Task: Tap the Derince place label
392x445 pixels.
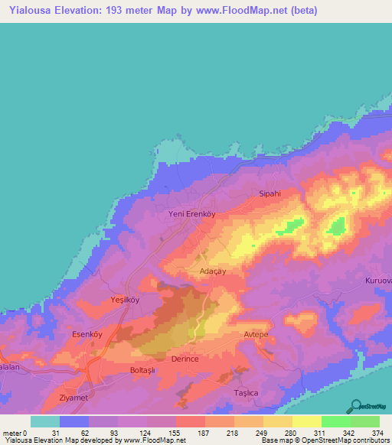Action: coord(185,359)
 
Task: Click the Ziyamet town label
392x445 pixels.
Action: coord(75,398)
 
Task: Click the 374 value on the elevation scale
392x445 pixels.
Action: coord(378,433)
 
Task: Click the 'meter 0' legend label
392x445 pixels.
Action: coord(15,433)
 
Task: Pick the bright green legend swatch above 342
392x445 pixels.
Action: coord(335,421)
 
